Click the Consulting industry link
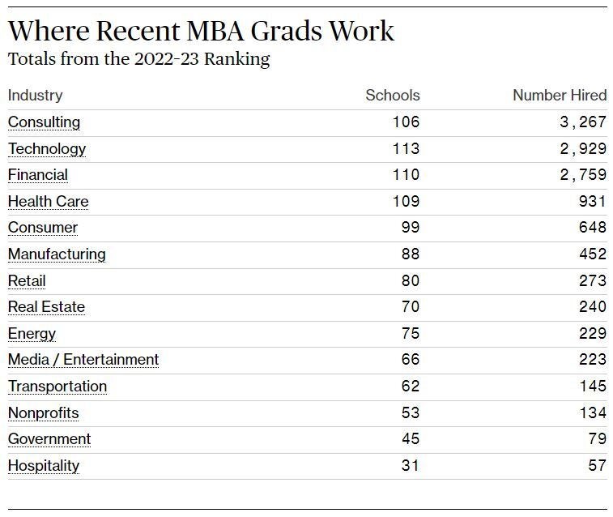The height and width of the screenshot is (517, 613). coord(45,122)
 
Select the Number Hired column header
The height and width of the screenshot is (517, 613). coord(560,95)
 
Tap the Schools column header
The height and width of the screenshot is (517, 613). coord(393,95)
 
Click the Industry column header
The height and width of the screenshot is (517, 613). coord(35,96)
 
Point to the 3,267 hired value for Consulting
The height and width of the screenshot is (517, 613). coord(583,122)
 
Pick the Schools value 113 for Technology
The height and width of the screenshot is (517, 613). coord(406,148)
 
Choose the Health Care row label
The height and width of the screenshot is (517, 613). coord(48,202)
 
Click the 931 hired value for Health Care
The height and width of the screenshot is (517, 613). coord(593,202)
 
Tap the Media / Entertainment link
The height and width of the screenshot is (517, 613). coord(83,360)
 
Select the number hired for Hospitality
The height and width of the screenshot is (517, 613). coord(598,465)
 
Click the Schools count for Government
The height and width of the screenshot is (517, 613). coord(411,438)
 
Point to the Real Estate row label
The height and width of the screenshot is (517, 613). coord(46,307)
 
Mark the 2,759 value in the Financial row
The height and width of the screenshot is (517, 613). coord(583,175)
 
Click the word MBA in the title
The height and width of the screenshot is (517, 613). coord(215,31)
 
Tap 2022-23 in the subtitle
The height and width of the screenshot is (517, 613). coord(167,59)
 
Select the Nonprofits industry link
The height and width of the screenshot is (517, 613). coord(44,413)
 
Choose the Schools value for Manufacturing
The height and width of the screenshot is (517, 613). coord(411,254)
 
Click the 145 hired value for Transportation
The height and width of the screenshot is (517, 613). coord(593,386)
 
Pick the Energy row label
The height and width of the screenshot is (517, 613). coord(32,334)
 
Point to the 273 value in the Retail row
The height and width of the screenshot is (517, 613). coord(593,281)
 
